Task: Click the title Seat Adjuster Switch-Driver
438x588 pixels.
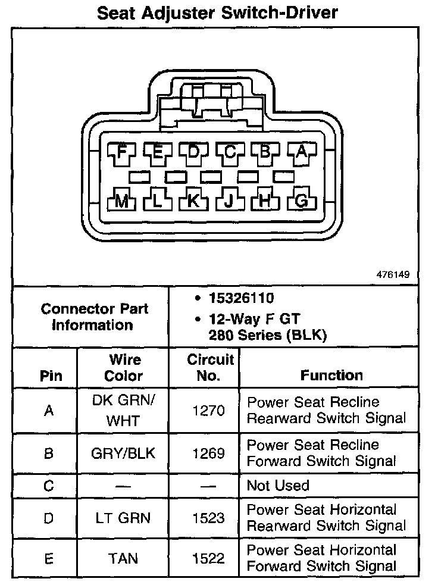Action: tap(218, 13)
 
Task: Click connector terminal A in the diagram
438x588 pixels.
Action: tap(301, 153)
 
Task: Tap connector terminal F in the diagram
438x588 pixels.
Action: tap(122, 153)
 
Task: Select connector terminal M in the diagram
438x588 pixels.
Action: tap(122, 201)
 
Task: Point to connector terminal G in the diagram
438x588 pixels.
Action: tap(301, 201)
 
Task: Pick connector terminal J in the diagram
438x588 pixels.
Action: tap(229, 201)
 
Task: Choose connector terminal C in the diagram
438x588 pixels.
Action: tap(230, 153)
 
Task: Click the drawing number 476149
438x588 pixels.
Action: tap(393, 276)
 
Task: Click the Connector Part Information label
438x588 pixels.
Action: tap(94, 317)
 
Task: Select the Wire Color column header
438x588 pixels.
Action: tap(124, 368)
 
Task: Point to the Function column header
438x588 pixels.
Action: tap(331, 376)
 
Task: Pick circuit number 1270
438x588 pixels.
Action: tap(208, 411)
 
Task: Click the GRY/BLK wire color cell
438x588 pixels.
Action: tap(124, 453)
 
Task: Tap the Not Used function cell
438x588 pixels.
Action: tap(278, 486)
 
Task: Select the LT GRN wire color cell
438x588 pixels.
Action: tap(124, 518)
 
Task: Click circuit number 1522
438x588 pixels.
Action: tap(208, 559)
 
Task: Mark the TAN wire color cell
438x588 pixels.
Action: tap(124, 559)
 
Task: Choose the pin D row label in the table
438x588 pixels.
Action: tap(49, 518)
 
